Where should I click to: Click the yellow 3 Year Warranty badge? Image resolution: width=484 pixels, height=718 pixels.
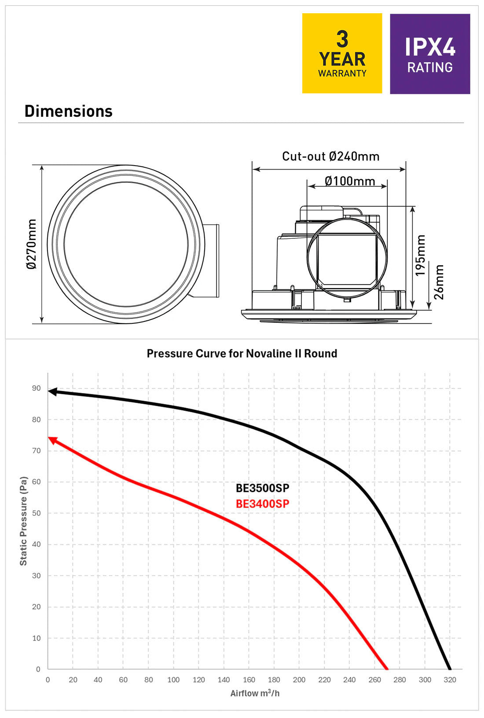[x=342, y=53]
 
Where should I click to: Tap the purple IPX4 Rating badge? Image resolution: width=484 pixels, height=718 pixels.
[x=430, y=54]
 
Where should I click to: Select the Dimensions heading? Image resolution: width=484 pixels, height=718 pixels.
[x=69, y=111]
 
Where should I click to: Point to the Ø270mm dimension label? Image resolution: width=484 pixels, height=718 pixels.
[x=31, y=244]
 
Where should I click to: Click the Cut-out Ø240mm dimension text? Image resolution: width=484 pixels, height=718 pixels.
[x=330, y=156]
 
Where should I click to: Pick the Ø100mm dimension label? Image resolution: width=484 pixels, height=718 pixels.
[x=350, y=181]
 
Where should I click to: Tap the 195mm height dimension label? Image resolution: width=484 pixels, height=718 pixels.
[x=421, y=255]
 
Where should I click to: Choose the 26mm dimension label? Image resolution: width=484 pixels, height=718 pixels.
[x=439, y=282]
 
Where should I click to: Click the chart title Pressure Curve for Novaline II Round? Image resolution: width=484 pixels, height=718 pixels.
[x=242, y=353]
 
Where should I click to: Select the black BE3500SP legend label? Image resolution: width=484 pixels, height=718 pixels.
[x=263, y=488]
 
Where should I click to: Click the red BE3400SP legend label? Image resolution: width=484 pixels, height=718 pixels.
[x=263, y=504]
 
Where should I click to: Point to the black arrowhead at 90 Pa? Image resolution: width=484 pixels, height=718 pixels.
[x=52, y=392]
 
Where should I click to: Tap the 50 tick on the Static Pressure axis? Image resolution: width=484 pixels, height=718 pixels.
[x=36, y=513]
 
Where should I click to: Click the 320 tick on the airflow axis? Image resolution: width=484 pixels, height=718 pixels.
[x=450, y=680]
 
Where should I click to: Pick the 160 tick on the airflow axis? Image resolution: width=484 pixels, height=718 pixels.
[x=249, y=680]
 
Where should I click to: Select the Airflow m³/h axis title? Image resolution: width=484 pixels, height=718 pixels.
[x=255, y=693]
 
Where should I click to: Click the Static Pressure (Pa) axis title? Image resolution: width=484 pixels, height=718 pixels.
[x=23, y=521]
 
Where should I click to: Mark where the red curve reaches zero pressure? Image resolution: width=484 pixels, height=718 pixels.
[x=387, y=669]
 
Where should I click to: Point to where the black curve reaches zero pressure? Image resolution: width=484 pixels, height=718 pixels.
[x=449, y=669]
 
